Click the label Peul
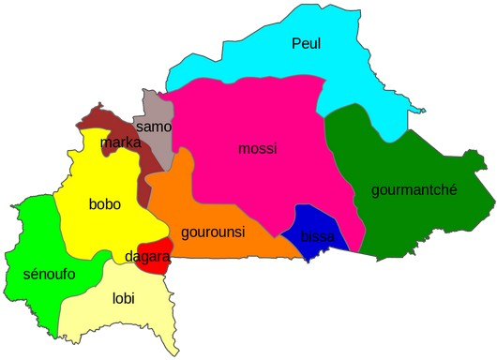(x=306, y=43)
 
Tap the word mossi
(x=258, y=148)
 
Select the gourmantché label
(x=414, y=189)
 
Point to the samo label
(x=153, y=127)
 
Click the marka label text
(x=120, y=142)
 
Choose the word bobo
(x=105, y=204)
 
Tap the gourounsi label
(x=213, y=232)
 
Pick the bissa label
(x=317, y=236)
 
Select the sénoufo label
(x=48, y=274)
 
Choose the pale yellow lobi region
(x=122, y=323)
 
